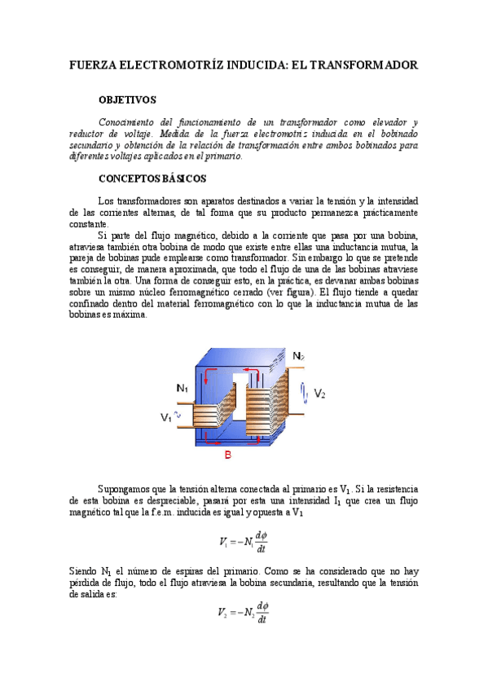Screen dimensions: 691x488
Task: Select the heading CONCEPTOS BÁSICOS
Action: tap(152, 178)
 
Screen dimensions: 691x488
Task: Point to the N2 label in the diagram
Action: tap(299, 356)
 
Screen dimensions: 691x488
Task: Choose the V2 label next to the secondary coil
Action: tap(319, 394)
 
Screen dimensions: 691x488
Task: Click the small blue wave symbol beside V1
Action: tap(178, 415)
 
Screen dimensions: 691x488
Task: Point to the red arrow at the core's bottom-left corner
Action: tap(208, 437)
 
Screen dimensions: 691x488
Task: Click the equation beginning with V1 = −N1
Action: tap(244, 542)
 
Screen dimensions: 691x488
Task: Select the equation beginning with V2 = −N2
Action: tap(244, 613)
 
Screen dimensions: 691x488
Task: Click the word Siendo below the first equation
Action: tap(83, 572)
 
